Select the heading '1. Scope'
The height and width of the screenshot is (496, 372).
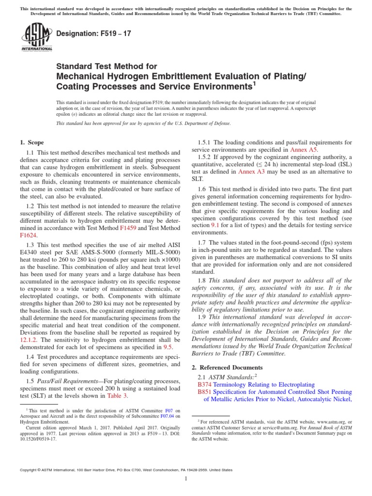tap(31, 142)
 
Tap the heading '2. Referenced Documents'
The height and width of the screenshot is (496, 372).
tap(224, 368)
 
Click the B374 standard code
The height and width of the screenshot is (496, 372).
tap(206, 385)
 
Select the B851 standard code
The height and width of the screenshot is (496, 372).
tap(206, 392)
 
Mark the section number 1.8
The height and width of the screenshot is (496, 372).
tap(202, 280)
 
